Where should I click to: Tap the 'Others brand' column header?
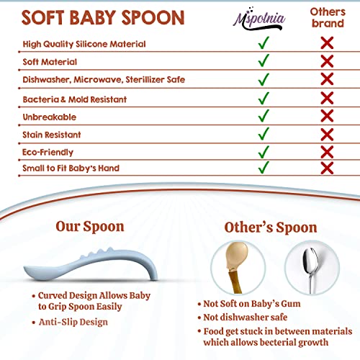click(327, 17)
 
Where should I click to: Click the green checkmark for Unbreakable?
click(264, 115)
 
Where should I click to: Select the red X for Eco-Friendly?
click(327, 150)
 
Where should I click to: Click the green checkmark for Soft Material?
click(264, 60)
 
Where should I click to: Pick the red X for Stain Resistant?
click(327, 133)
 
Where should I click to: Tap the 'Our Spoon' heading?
click(90, 227)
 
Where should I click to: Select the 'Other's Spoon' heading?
click(271, 228)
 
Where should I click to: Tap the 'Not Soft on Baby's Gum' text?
click(253, 303)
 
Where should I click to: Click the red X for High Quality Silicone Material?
click(327, 43)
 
